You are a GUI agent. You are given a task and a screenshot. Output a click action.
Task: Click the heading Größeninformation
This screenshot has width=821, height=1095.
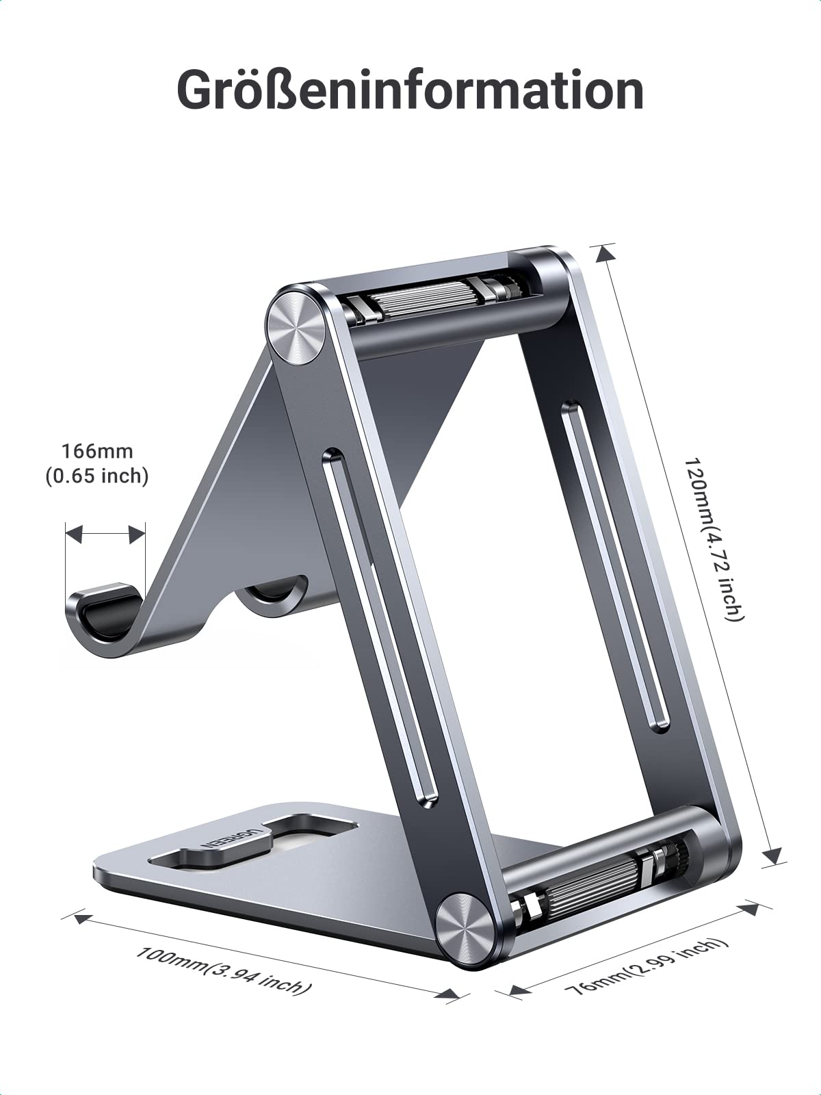410,90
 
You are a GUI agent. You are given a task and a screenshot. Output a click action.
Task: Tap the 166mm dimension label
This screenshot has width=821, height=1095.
97,452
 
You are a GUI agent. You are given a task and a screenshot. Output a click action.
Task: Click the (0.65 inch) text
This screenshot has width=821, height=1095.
97,476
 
